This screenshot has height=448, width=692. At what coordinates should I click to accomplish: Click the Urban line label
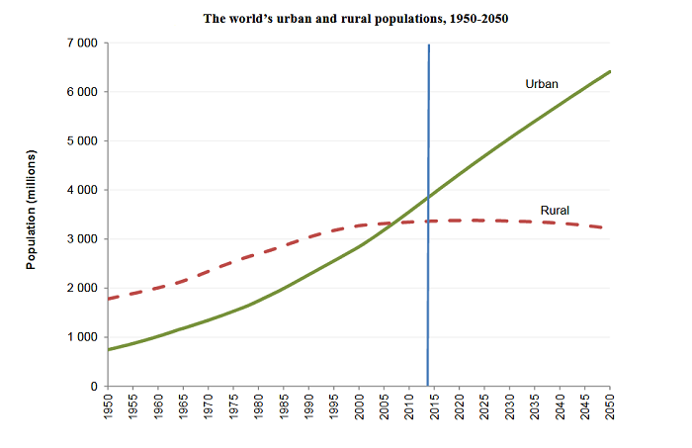(542, 85)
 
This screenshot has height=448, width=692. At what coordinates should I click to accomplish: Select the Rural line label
(556, 210)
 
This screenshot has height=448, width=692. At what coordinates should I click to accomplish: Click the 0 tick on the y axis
(94, 387)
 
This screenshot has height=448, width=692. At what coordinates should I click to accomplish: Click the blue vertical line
(428, 119)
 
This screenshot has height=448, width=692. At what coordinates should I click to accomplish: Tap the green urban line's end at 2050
(610, 71)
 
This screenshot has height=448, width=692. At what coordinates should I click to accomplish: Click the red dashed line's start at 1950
(108, 299)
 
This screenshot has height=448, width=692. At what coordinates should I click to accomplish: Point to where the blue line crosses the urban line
(428, 196)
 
